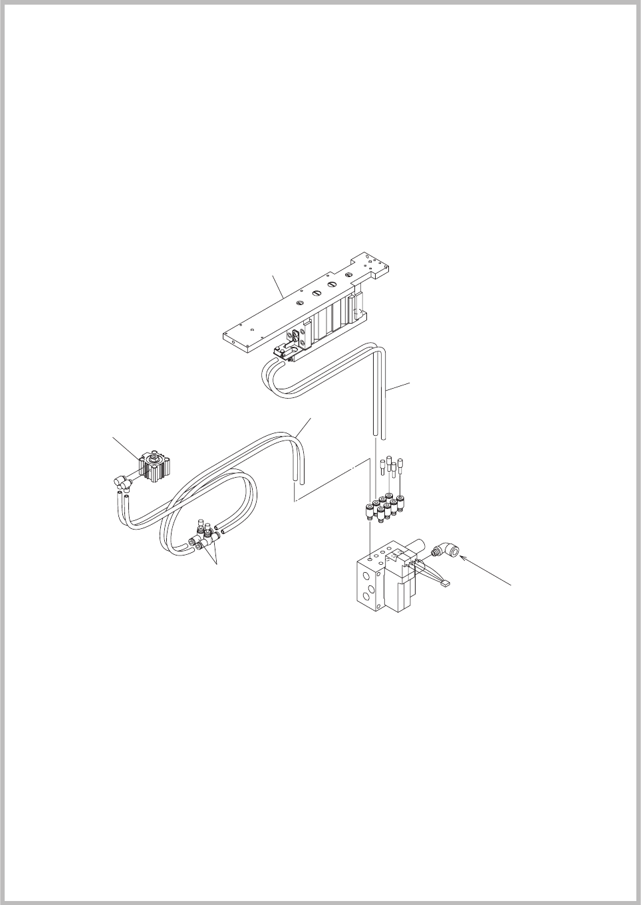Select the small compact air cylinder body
pos(154,466)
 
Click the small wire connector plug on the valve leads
pos(444,584)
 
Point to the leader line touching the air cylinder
pos(125,447)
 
